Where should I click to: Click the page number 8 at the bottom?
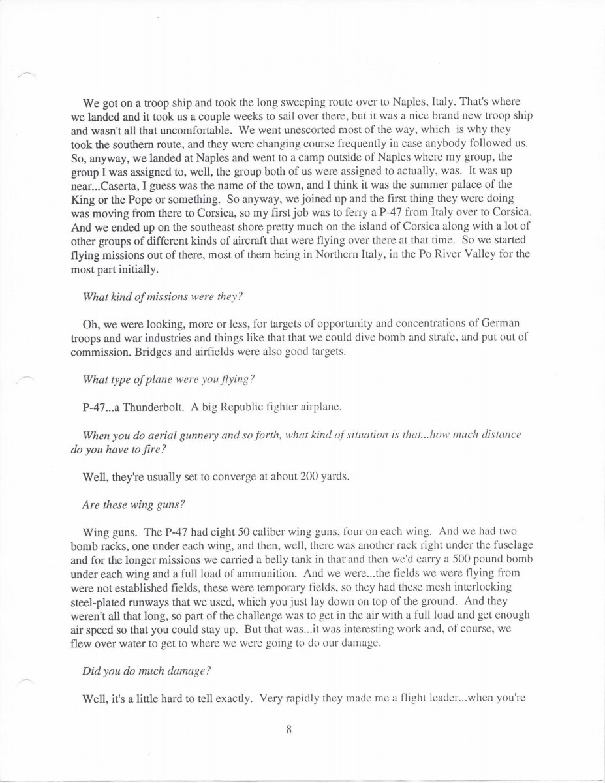[288, 730]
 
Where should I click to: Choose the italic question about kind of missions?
[163, 296]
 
